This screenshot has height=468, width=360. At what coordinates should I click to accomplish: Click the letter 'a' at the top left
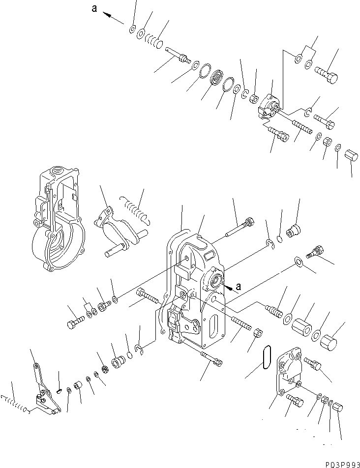94,8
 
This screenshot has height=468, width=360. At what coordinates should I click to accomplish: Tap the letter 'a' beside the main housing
239,285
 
